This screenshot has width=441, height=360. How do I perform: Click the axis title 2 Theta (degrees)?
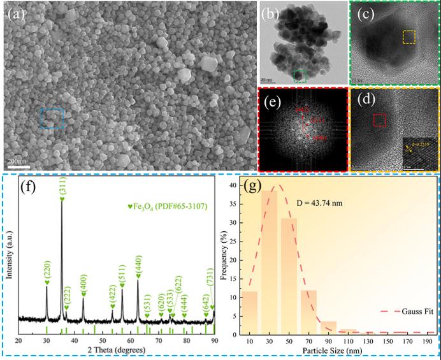pyautogui.click(x=116, y=350)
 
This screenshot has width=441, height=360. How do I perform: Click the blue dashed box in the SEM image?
pyautogui.click(x=52, y=118)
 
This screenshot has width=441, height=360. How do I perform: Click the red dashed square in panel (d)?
pyautogui.click(x=380, y=120)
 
